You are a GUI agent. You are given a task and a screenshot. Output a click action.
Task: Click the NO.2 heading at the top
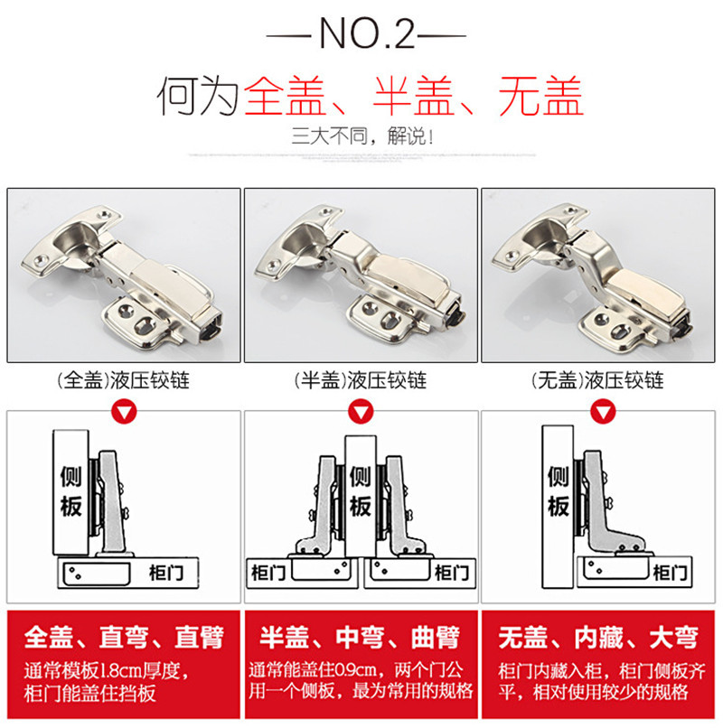pos(367,33)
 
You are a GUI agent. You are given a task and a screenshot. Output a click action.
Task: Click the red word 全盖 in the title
pos(285,96)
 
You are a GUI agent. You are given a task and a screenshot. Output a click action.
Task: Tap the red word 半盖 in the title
pos(413,96)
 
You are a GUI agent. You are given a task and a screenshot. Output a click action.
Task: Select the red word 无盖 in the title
pos(540,96)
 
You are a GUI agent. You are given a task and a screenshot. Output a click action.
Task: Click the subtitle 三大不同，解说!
pos(362,136)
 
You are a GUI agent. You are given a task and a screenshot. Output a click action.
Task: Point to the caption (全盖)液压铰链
pos(123,381)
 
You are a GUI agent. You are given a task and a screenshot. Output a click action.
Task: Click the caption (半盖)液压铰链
pos(361,381)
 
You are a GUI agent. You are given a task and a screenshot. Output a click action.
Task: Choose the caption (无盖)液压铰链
pos(597,381)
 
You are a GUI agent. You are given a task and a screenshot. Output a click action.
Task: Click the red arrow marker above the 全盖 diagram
pos(124,411)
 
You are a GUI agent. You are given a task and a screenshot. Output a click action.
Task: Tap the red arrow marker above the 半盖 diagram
pos(361,411)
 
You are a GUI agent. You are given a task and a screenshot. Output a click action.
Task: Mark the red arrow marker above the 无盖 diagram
pos(603,411)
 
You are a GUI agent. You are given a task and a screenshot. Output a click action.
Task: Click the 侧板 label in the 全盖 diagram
pos(71,491)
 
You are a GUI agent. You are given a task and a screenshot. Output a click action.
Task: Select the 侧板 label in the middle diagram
pos(361,491)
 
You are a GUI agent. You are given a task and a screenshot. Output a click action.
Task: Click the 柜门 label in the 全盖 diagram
pos(166,573)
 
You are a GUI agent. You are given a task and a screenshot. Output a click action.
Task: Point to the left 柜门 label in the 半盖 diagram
pos(268,573)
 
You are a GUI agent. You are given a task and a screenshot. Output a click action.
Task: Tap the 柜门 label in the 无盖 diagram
pos(670,573)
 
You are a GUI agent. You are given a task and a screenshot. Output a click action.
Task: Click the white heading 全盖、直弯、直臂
pos(124,637)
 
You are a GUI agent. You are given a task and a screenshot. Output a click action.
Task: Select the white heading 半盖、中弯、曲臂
pos(360,637)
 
